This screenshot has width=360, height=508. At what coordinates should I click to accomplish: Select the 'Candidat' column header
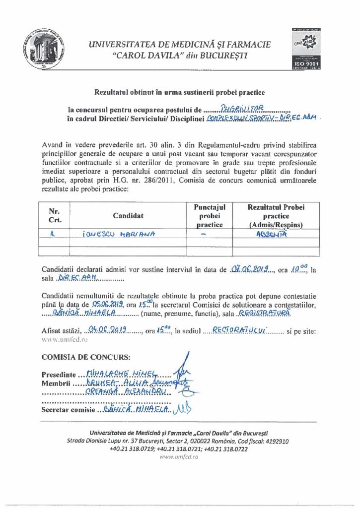click(128, 216)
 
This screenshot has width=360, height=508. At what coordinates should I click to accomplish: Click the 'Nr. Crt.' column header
click(55, 216)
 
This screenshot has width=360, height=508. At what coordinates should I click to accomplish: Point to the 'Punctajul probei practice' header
click(209, 216)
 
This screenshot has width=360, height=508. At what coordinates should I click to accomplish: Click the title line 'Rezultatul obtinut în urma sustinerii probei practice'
click(179, 92)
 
